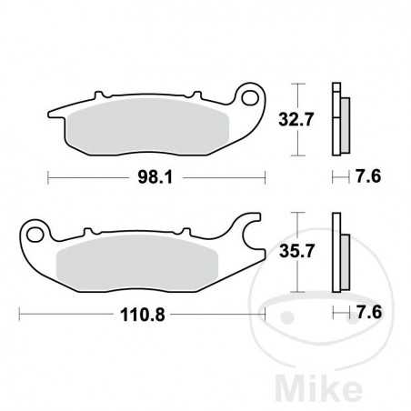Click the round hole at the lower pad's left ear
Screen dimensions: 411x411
coord(35,236)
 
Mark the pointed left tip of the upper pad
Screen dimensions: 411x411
coord(48,115)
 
